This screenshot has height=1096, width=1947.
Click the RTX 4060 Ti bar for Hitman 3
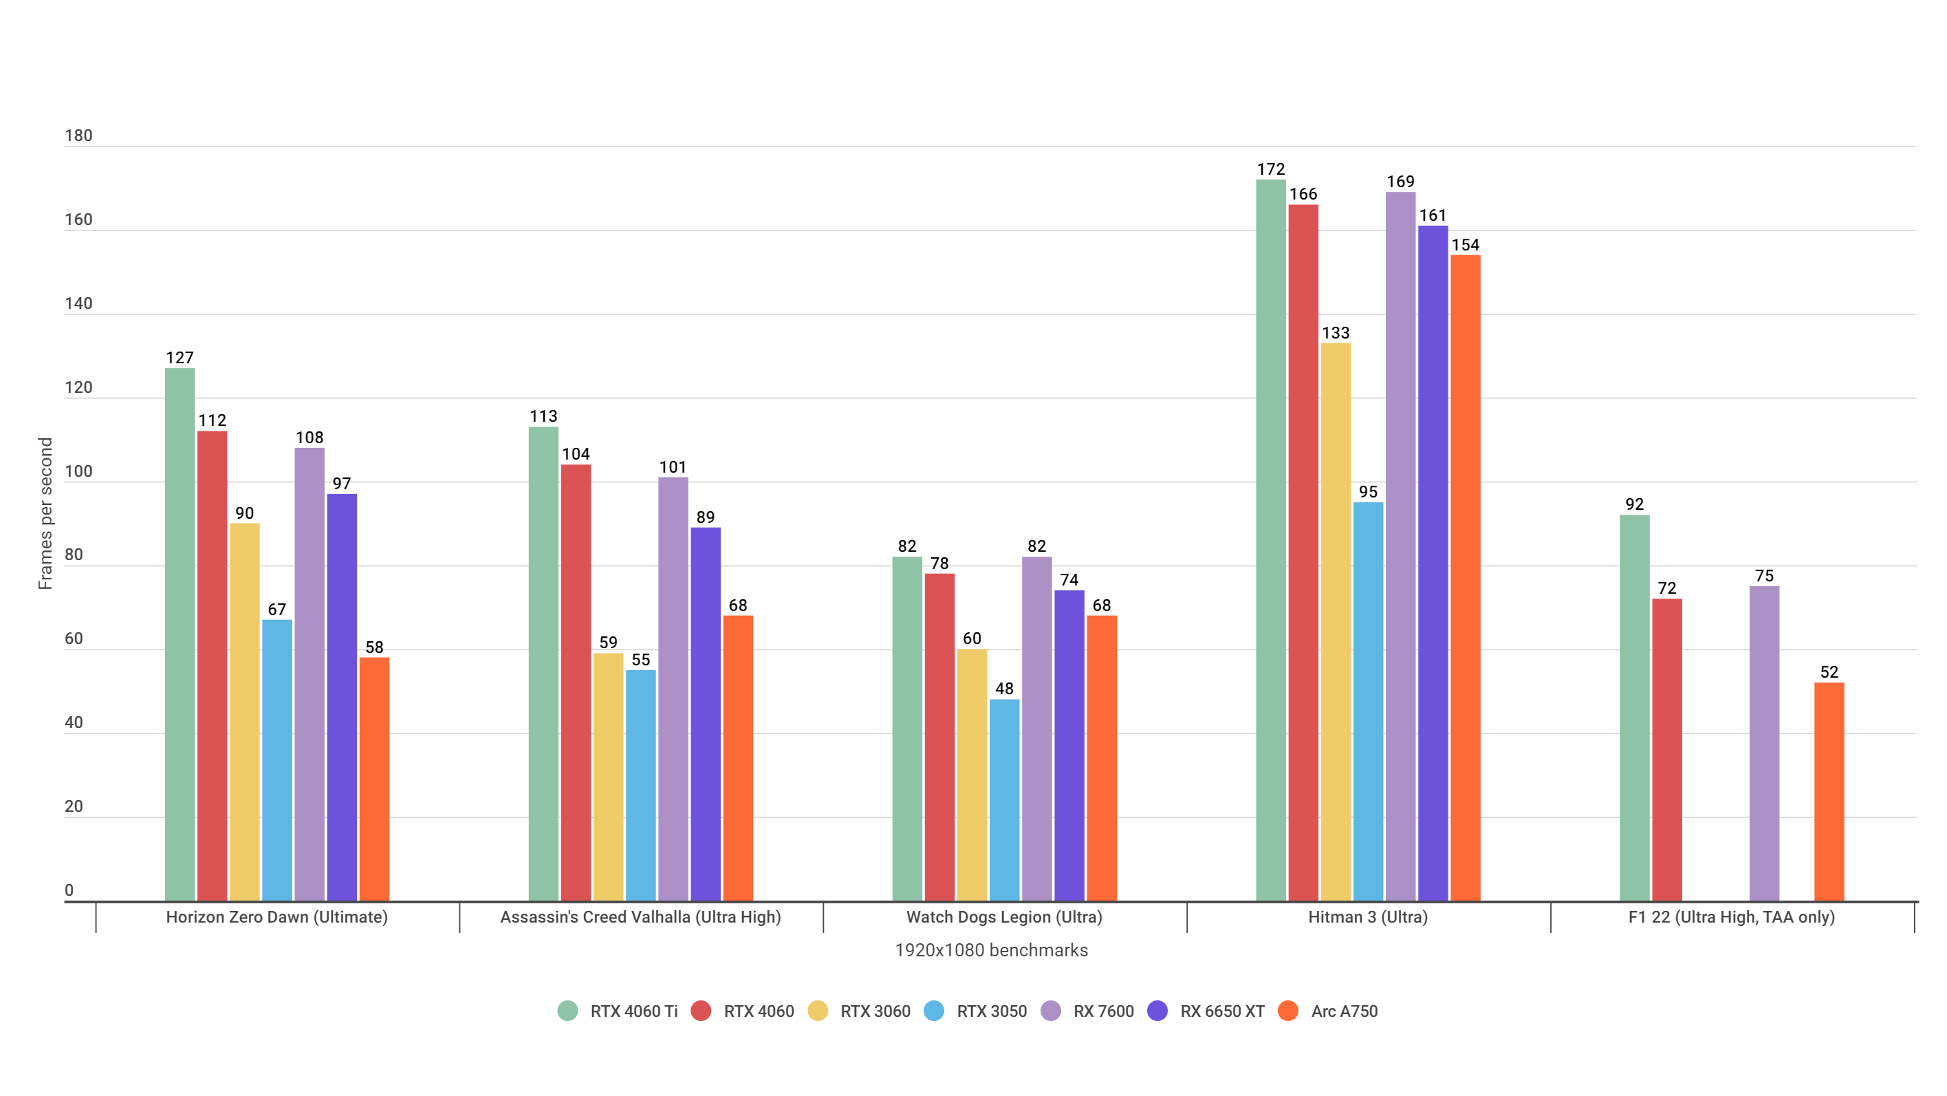pyautogui.click(x=1270, y=541)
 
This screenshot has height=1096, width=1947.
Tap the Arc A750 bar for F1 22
pyautogui.click(x=1828, y=791)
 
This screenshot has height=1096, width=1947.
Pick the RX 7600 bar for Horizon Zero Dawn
pyautogui.click(x=309, y=674)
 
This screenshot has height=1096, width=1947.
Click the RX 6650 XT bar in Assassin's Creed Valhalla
pyautogui.click(x=705, y=714)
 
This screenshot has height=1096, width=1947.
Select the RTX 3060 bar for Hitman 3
pyautogui.click(x=1336, y=622)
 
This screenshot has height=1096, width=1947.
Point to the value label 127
pyautogui.click(x=180, y=358)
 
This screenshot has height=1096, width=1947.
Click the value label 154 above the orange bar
pyautogui.click(x=1465, y=245)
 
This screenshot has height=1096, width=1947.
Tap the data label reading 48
pyautogui.click(x=1003, y=689)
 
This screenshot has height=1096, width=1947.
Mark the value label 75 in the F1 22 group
pyautogui.click(x=1764, y=576)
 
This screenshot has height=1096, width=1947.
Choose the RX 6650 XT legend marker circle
pyautogui.click(x=1157, y=1011)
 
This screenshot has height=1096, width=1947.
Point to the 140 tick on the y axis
pyautogui.click(x=78, y=304)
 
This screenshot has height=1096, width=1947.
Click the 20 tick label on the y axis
pyautogui.click(x=74, y=806)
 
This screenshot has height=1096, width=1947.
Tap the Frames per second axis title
pyautogui.click(x=45, y=513)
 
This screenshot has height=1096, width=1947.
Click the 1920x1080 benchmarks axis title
pyautogui.click(x=991, y=950)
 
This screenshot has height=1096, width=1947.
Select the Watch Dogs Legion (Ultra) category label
pyautogui.click(x=1003, y=917)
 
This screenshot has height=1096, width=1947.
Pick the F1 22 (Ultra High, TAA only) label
pyautogui.click(x=1731, y=917)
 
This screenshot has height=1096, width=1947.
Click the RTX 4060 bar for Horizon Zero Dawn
pyautogui.click(x=213, y=666)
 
